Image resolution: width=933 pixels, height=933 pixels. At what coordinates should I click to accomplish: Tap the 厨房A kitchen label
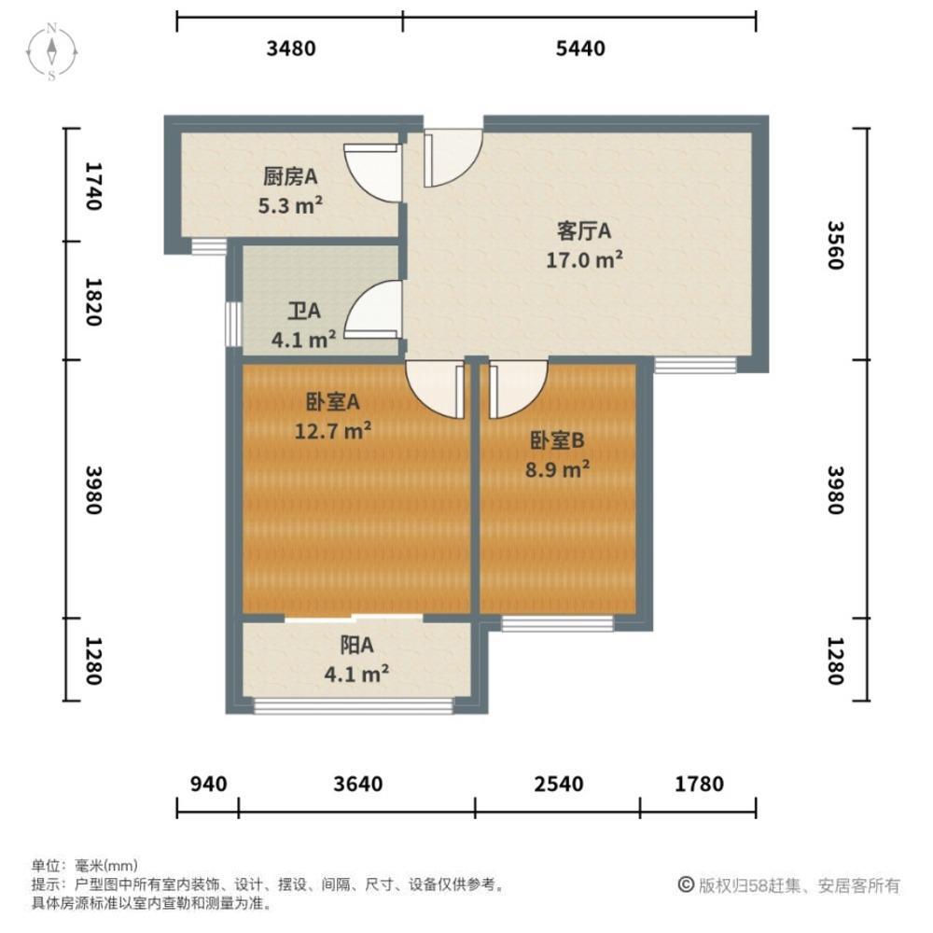click(x=292, y=174)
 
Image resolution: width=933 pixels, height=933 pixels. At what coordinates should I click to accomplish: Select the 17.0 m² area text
click(x=584, y=260)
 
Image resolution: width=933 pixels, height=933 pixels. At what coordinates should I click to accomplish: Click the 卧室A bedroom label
click(x=333, y=402)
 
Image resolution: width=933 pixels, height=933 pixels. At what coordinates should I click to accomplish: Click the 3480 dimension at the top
click(x=291, y=49)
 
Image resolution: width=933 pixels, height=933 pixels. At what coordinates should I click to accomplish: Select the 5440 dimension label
click(x=580, y=49)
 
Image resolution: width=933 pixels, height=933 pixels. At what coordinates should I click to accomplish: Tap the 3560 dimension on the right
click(x=835, y=245)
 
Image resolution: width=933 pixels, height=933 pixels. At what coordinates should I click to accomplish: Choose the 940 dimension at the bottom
click(x=207, y=784)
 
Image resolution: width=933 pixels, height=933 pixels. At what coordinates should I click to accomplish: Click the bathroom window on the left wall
click(x=231, y=324)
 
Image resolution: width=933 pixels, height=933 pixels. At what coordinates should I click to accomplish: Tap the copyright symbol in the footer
click(x=685, y=884)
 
